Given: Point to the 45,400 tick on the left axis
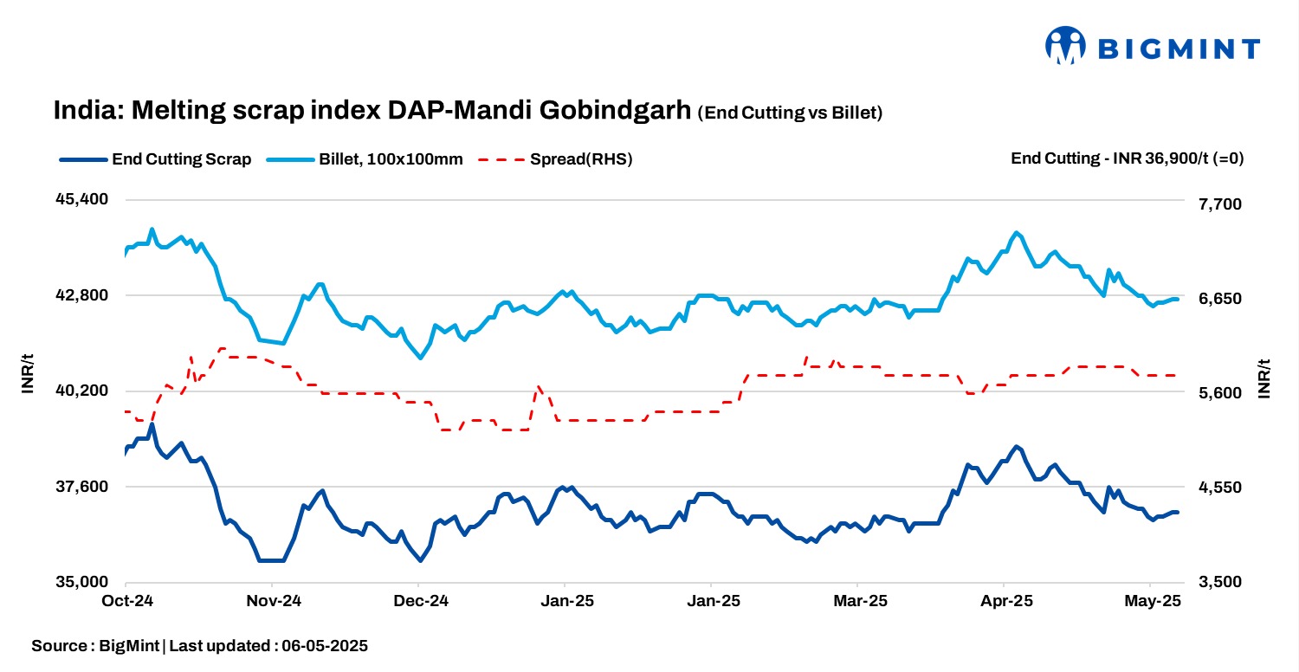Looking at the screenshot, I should tap(81, 199).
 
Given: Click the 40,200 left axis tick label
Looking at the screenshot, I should tap(81, 391).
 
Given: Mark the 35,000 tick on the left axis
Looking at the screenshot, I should tap(81, 582).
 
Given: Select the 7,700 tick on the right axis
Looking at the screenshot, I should tap(1218, 204).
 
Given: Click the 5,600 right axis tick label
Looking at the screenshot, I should tap(1218, 393).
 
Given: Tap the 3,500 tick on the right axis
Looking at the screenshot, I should tap(1218, 582).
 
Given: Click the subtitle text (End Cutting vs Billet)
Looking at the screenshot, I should tap(790, 113).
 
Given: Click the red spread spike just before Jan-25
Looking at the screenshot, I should tap(538, 387).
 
